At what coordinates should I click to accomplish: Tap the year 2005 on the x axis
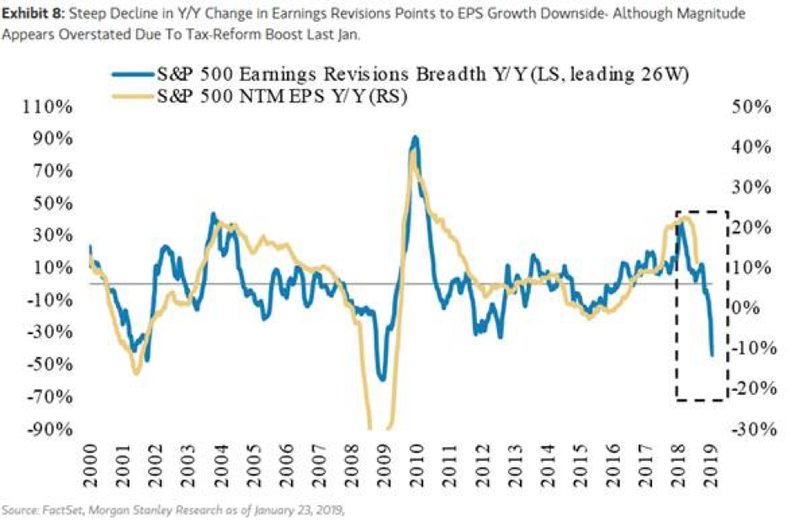(253, 464)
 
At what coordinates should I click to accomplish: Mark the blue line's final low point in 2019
(712, 355)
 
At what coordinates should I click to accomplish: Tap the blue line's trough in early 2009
(383, 379)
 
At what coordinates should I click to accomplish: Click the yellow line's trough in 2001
(135, 372)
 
